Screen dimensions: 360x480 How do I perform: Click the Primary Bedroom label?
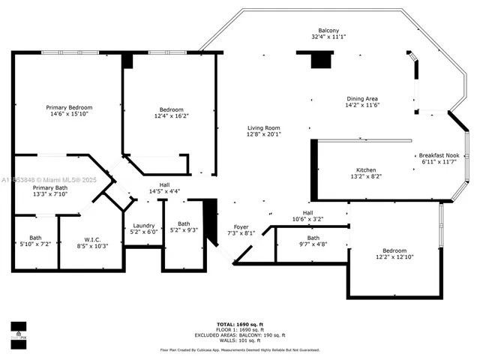69,107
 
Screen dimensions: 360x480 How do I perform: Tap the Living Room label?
263,127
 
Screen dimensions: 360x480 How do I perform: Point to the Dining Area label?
361,99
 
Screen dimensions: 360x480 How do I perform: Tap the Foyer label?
241,226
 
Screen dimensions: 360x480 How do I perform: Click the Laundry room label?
144,225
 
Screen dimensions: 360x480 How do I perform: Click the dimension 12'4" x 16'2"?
172,116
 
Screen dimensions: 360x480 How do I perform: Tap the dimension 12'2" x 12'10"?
394,256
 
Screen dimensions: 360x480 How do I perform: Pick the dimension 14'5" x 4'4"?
165,191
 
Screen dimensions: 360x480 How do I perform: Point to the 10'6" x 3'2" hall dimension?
307,219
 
